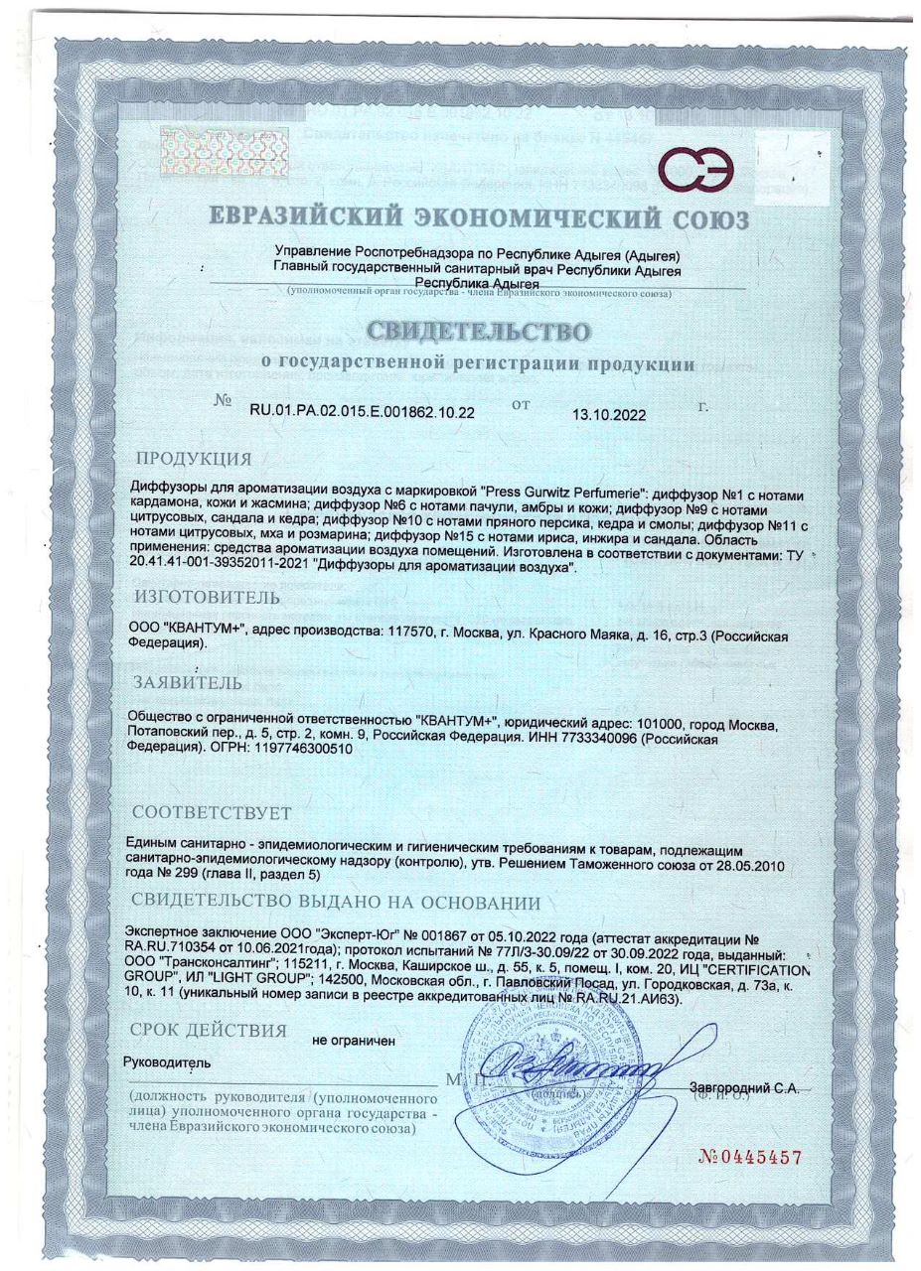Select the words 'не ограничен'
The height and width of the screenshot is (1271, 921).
click(354, 1041)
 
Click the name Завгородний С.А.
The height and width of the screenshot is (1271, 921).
click(744, 1088)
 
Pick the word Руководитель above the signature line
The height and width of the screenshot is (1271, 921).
click(166, 1062)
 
